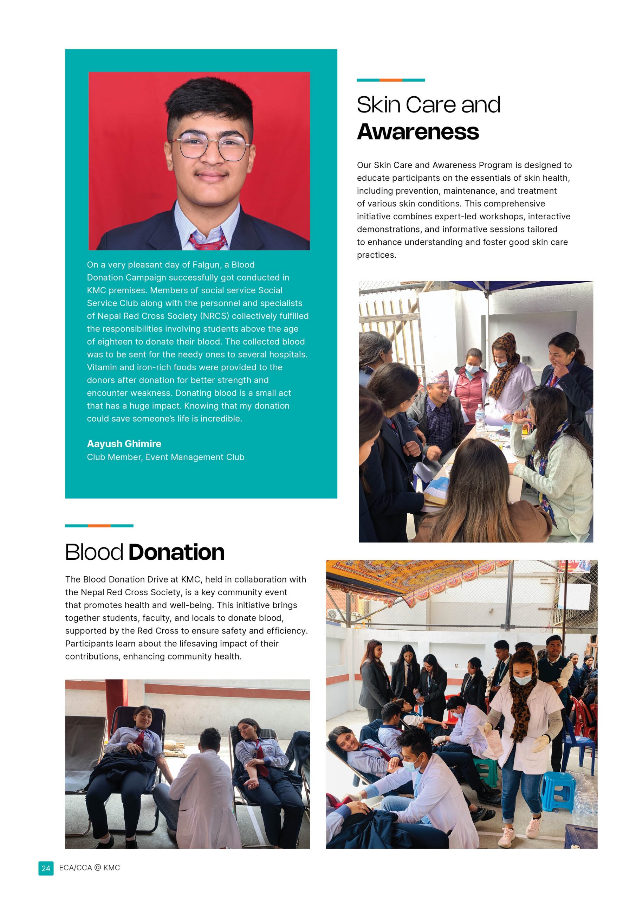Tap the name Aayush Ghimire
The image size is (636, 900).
pyautogui.click(x=124, y=444)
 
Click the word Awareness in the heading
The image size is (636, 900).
pyautogui.click(x=418, y=131)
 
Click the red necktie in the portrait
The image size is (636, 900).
pyautogui.click(x=207, y=242)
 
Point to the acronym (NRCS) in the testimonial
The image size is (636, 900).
pyautogui.click(x=215, y=316)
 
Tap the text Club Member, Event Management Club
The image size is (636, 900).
pyautogui.click(x=166, y=457)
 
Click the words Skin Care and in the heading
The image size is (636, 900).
pyautogui.click(x=428, y=105)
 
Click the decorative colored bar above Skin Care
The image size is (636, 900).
pyautogui.click(x=391, y=80)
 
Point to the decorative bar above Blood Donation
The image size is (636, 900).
pyautogui.click(x=99, y=526)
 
